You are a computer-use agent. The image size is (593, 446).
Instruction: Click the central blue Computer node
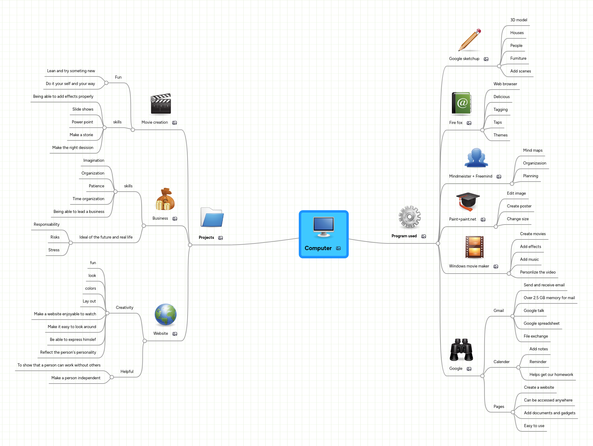pos(323,234)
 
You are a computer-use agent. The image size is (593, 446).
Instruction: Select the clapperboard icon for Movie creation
pos(161,104)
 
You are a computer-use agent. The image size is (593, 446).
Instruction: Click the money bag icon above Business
pos(165,199)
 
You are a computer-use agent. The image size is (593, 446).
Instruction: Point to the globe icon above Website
pos(165,315)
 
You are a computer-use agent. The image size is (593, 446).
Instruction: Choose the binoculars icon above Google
pos(461,349)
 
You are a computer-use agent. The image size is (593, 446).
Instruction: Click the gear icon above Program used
pos(410,217)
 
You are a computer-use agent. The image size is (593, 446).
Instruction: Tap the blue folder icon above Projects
pos(212,217)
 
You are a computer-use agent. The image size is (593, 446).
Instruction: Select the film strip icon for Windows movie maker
pos(474,247)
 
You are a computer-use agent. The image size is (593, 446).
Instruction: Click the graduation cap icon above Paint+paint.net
pos(468,201)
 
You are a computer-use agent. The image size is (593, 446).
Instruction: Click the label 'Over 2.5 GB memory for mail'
pos(549,298)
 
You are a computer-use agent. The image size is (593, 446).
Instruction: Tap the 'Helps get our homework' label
pos(551,374)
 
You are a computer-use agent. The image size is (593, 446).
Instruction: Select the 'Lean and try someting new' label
pos(71,71)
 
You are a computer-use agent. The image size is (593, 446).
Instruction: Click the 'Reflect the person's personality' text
pos(68,352)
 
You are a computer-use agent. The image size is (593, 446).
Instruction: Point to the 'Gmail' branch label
pos(499,310)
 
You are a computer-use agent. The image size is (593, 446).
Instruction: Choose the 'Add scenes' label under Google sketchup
pos(521,71)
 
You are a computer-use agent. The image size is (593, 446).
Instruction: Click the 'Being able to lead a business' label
pos(79,211)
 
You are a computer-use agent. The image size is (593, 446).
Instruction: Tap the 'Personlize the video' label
pos(538,272)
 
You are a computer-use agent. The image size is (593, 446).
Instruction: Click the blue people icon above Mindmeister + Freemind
pos(476,158)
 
